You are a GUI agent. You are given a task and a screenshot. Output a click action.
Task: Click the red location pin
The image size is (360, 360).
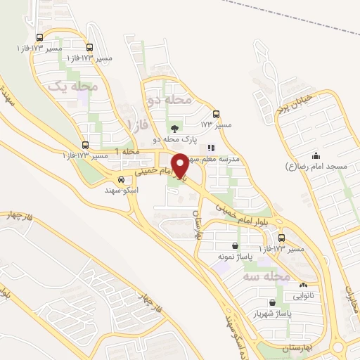pos(180,165)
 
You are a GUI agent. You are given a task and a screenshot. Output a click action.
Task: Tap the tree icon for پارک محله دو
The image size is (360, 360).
pos(174,128)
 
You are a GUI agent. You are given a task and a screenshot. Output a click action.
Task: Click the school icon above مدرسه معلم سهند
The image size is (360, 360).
pos(211,148)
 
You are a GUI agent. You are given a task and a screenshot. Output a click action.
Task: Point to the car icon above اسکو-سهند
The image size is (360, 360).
pos(122,180)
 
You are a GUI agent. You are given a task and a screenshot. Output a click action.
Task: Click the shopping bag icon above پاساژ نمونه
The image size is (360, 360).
pos(232,246)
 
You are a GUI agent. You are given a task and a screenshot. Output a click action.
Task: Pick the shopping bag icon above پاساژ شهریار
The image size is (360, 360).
pos(262,303)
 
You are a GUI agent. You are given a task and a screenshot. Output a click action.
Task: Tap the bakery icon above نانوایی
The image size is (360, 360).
pos(303,285)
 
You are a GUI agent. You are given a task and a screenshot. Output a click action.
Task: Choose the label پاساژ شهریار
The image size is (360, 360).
pos(252,313)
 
